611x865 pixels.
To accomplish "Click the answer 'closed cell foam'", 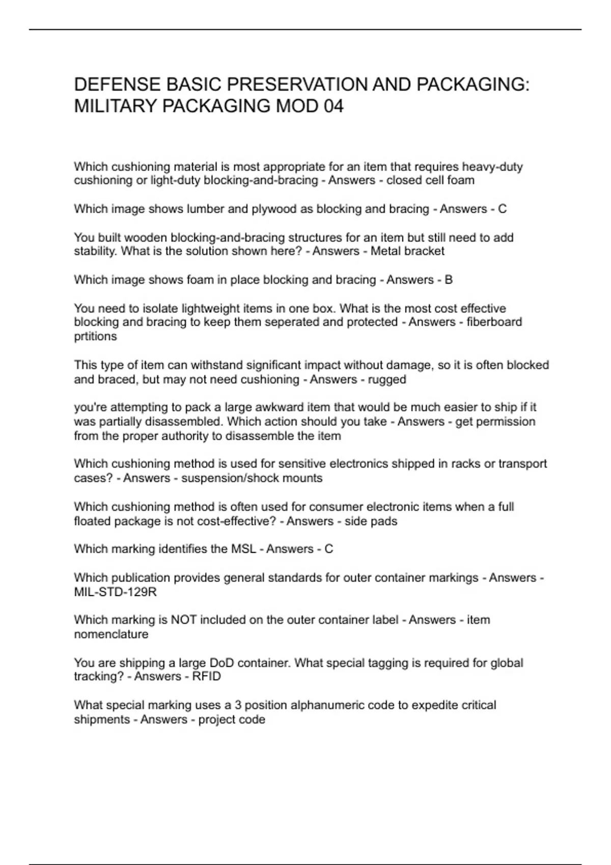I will click(x=430, y=180).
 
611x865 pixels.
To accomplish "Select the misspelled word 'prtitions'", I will click(x=95, y=336).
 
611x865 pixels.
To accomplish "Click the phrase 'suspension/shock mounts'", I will click(x=252, y=478).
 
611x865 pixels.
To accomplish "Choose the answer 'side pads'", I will click(x=371, y=521).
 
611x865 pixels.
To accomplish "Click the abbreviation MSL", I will click(x=244, y=549).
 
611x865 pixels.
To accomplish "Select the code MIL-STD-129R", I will click(x=115, y=592).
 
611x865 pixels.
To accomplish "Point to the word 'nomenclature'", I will click(x=111, y=634).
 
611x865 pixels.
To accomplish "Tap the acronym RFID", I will click(x=206, y=676).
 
